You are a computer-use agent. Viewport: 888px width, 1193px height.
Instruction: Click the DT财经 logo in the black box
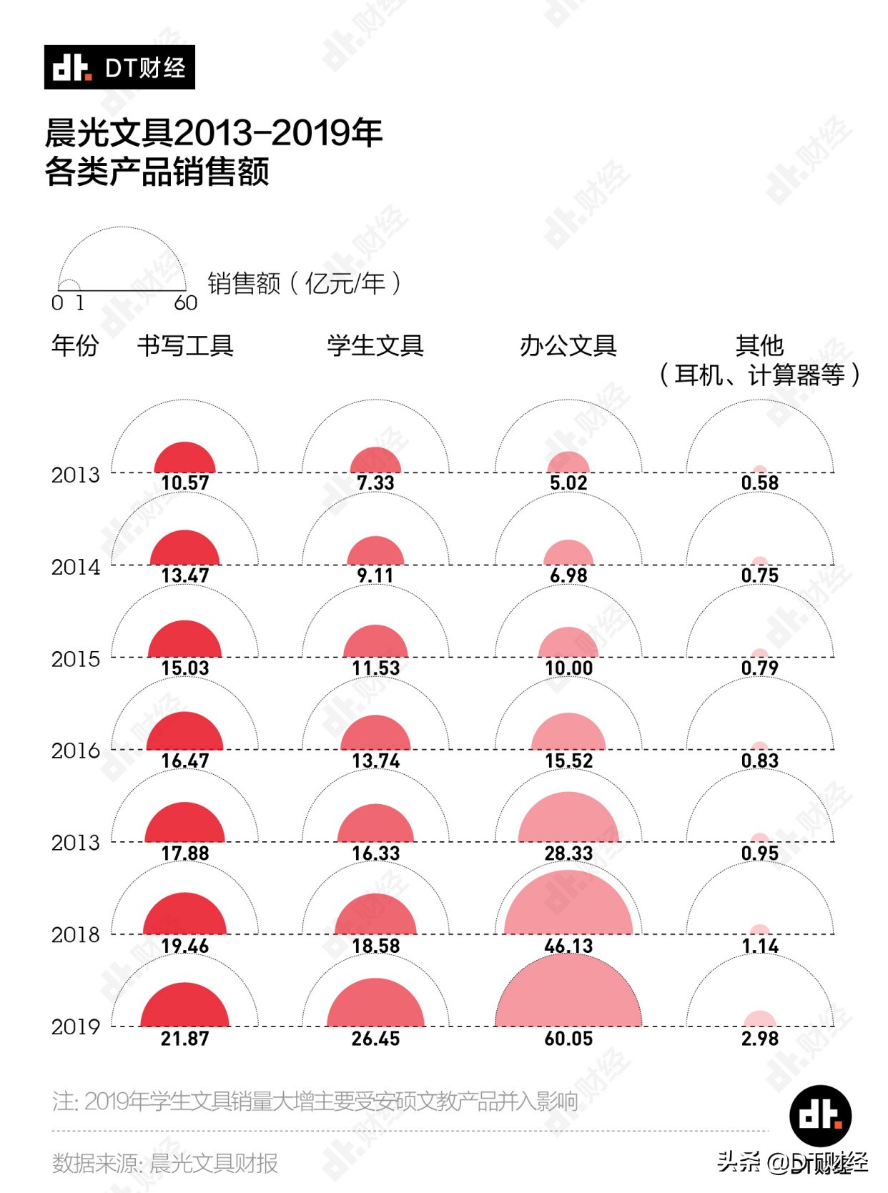coord(119,67)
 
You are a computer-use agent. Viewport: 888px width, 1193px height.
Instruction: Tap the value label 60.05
coord(568,1039)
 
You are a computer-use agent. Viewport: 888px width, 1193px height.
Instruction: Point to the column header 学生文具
coord(375,346)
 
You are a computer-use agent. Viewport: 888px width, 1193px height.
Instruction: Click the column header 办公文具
coord(568,346)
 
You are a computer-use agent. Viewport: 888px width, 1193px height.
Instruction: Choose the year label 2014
coord(75,567)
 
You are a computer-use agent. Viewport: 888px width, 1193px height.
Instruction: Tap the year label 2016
coord(75,751)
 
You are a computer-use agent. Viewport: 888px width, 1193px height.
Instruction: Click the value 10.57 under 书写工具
coord(184,483)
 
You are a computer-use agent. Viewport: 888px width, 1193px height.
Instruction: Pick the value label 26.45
coord(375,1039)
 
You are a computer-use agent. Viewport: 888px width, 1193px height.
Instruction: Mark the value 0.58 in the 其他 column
coord(759,483)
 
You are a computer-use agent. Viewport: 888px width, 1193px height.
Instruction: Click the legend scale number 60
coord(186,303)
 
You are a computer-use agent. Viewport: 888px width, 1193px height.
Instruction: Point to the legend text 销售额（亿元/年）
coord(304,284)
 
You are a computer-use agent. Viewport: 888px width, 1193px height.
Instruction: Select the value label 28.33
coord(568,853)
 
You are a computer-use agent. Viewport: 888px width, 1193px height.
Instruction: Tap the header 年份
coord(75,346)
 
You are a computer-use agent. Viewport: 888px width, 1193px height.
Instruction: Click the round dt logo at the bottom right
coord(820,1116)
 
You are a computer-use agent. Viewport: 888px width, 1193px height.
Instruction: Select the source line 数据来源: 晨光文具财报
coord(164,1163)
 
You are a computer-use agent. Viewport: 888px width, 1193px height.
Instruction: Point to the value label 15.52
coord(568,761)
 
